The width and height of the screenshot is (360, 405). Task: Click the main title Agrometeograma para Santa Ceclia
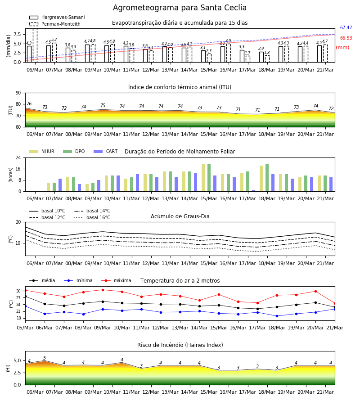[180, 8]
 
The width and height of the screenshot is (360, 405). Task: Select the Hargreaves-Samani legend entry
[57, 17]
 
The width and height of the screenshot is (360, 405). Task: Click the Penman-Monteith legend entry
[55, 24]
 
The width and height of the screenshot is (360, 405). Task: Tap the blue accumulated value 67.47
[346, 27]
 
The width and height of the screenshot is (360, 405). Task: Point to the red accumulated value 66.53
[346, 38]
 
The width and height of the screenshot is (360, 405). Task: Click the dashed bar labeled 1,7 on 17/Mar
[247, 59]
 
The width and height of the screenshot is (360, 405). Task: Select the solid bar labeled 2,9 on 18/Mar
[261, 57]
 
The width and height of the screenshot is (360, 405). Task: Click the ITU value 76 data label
[29, 103]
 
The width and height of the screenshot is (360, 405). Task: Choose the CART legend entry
[106, 151]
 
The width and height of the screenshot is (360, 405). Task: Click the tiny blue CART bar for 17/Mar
[254, 191]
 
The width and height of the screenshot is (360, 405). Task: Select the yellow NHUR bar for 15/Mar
[203, 178]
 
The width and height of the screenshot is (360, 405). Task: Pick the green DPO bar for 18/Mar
[267, 178]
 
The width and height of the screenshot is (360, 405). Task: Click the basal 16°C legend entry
[92, 217]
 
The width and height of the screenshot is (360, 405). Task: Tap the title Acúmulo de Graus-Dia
[180, 216]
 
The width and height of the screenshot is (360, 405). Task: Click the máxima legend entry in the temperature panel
[116, 280]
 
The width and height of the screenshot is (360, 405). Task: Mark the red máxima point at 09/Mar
[103, 290]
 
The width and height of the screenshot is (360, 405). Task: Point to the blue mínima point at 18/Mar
[277, 316]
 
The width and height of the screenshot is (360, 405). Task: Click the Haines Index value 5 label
[45, 358]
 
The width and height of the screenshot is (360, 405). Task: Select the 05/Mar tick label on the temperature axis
[25, 328]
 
